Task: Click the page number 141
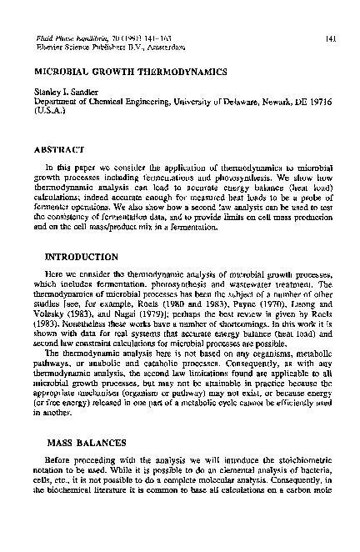coord(330,38)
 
